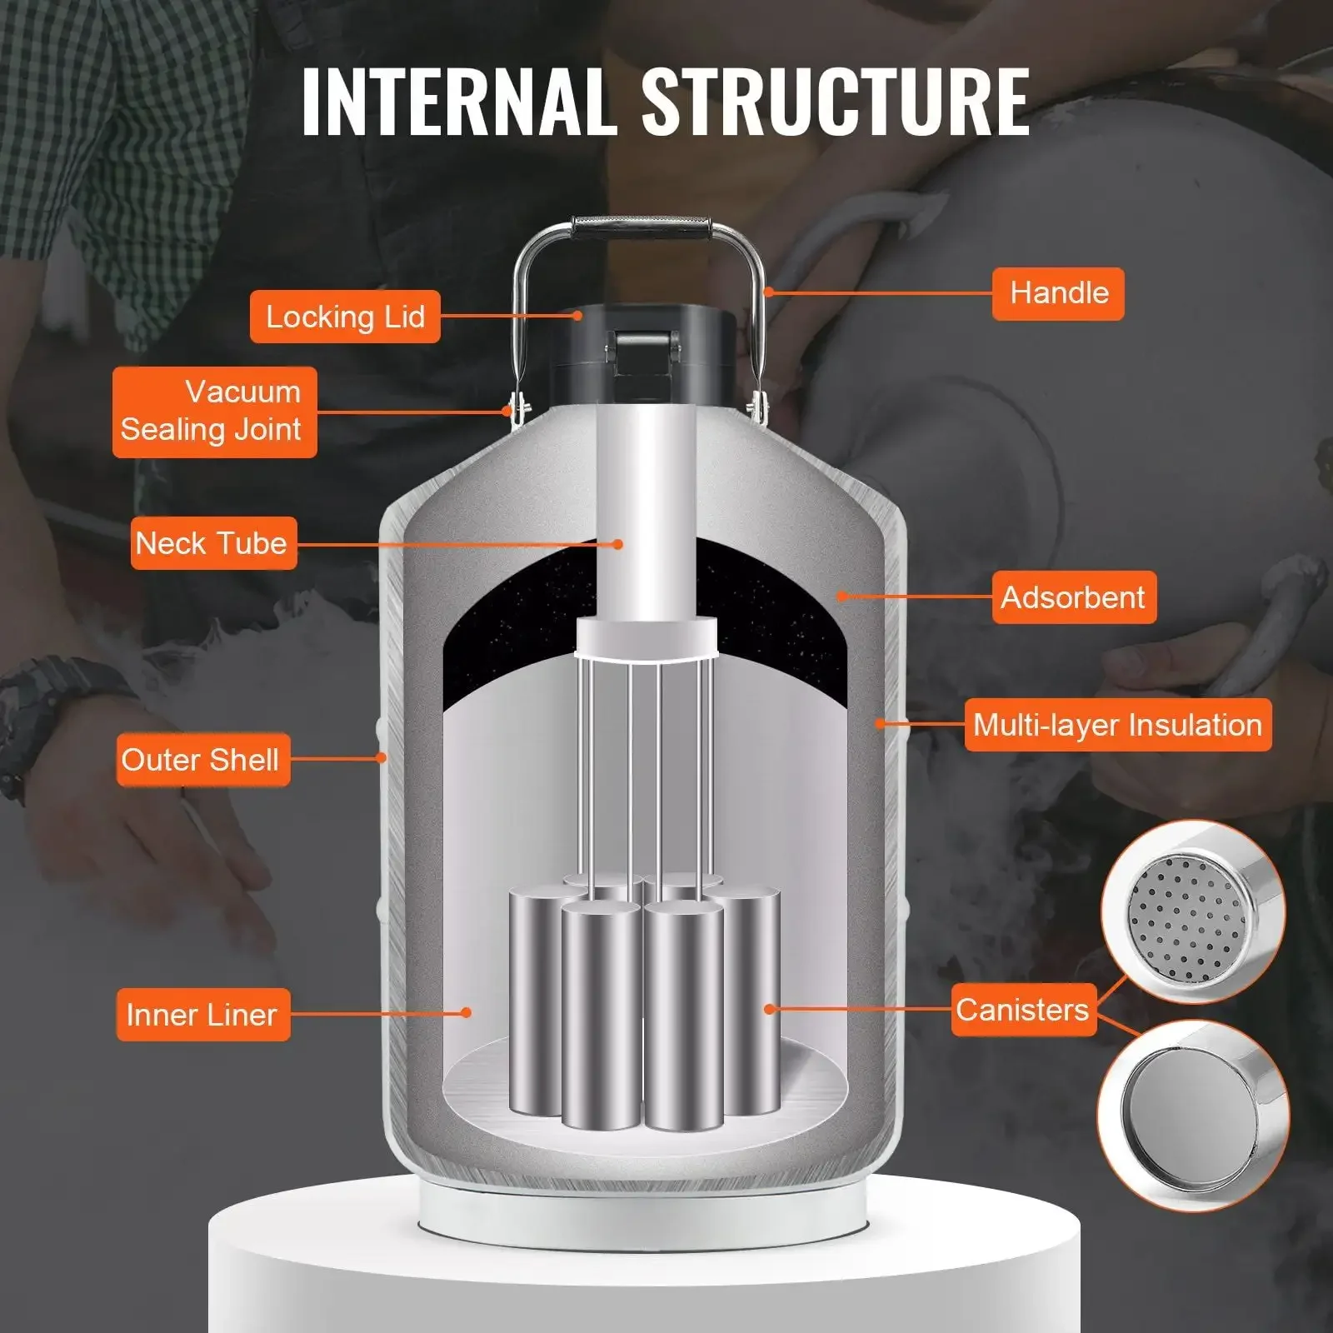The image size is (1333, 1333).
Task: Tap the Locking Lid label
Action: point(345,317)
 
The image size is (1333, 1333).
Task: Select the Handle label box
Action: point(1058,293)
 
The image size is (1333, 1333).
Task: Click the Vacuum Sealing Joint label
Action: point(214,412)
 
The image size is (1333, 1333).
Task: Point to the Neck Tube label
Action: point(213,543)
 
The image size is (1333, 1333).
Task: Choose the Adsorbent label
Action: point(1073,597)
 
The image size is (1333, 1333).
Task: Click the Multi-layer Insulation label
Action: point(1117,725)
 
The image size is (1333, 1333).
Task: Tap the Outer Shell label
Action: point(202,760)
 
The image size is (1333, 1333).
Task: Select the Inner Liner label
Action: point(202,1015)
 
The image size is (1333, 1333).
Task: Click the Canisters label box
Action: point(1023,1010)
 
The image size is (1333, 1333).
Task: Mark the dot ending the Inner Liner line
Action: point(467,1013)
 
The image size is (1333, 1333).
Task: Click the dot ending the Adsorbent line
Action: point(842,596)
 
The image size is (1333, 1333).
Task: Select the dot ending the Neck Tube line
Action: point(618,544)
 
